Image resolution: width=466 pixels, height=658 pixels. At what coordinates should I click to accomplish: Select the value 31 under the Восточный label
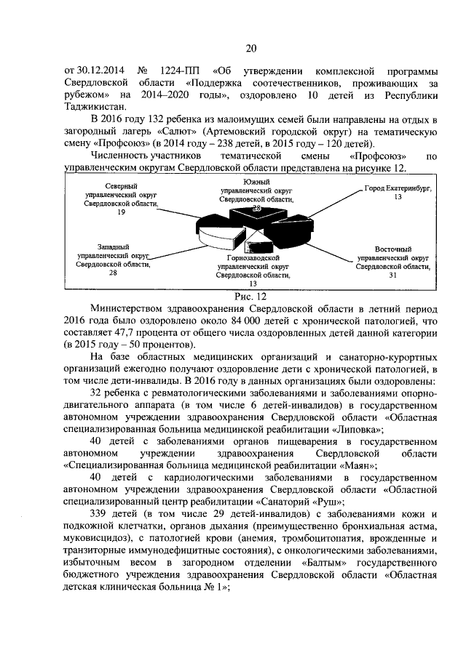pyautogui.click(x=393, y=276)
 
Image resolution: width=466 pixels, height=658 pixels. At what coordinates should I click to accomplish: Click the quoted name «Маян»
pyautogui.click(x=356, y=465)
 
